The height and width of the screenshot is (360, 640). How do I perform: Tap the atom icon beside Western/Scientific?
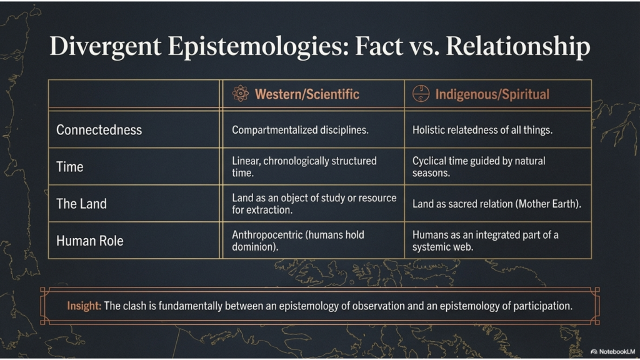point(241,94)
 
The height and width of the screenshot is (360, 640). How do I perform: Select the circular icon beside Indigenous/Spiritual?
point(421,94)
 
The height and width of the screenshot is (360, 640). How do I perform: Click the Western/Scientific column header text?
point(307,94)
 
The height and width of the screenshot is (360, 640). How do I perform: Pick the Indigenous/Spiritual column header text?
point(492,94)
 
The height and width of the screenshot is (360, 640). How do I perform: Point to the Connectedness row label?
point(99,130)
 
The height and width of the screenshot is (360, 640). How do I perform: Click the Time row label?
point(70,167)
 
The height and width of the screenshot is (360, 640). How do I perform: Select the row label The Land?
point(82,204)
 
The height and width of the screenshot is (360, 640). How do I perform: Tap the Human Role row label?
point(90,241)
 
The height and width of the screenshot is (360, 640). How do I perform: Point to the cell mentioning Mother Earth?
point(497,204)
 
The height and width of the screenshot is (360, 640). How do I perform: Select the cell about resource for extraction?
point(314,204)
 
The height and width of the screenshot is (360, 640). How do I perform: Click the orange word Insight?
point(84,306)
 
